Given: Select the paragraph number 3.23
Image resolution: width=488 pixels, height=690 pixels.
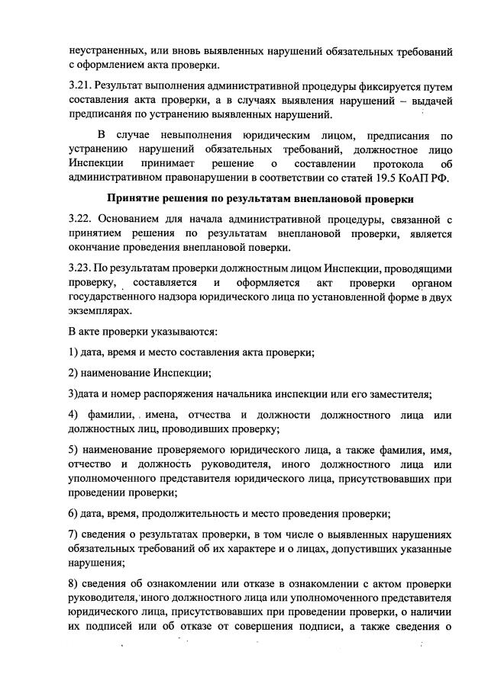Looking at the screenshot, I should [x=79, y=270].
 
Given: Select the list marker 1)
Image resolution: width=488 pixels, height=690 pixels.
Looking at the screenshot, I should [x=73, y=352].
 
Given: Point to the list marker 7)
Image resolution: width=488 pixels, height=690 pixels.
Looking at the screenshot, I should [x=73, y=536].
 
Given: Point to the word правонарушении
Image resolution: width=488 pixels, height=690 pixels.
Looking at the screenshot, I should [x=200, y=179].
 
